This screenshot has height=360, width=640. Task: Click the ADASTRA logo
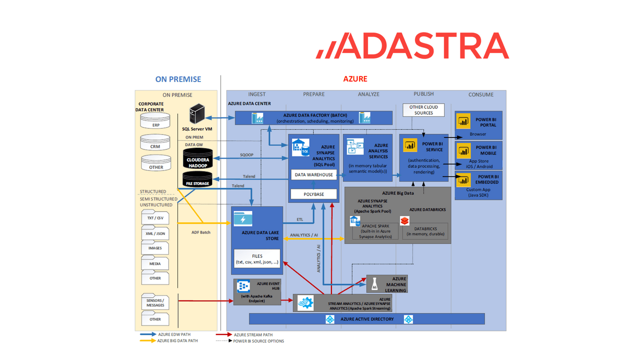pos(412,46)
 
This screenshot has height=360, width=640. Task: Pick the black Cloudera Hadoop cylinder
pos(198,158)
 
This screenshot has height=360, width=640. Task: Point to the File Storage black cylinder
pos(198,179)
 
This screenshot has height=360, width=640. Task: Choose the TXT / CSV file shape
pos(155,218)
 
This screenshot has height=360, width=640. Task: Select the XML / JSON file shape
pos(155,233)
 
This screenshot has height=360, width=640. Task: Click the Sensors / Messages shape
pos(155,302)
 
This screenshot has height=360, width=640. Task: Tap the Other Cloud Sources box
pos(423,110)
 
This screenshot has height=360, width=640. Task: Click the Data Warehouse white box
pos(313,175)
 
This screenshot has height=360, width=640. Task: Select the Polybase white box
pos(313,193)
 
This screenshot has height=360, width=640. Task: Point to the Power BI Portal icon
pos(463,121)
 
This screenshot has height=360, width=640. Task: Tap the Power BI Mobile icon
pos(463,150)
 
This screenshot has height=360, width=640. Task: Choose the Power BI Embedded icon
pos(463,179)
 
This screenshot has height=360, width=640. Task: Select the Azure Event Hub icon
pos(243,287)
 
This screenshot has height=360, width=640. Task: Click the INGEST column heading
pos(257,94)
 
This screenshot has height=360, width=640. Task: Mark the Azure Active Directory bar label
pos(367,319)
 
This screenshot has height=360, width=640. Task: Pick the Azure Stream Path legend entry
pos(252,334)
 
